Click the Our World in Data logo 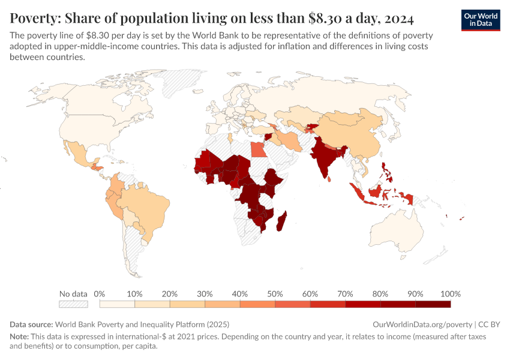point(480,20)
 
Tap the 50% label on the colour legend point(275,294)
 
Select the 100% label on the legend point(450,294)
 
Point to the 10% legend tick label point(134,294)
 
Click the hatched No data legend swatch point(73,304)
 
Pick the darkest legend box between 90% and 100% point(433,304)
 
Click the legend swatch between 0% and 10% point(117,304)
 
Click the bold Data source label point(31,323)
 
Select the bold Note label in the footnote point(20,337)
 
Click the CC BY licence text point(491,323)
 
